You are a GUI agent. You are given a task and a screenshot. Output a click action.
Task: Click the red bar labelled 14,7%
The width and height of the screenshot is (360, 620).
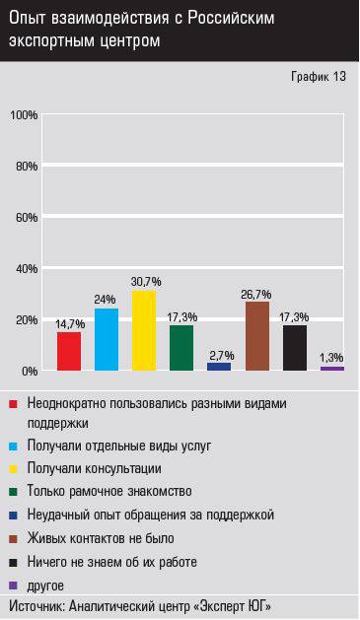(x=69, y=351)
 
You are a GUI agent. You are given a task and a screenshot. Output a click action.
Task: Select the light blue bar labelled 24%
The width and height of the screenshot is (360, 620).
(x=107, y=339)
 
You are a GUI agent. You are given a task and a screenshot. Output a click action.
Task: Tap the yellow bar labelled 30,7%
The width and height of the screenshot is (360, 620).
(x=144, y=330)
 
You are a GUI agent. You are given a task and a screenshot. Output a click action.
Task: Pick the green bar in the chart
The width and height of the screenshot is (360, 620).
(x=181, y=348)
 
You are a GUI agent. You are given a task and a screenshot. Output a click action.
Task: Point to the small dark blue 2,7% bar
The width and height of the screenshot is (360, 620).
(x=219, y=367)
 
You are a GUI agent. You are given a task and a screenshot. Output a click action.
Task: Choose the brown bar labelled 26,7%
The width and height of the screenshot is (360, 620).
(x=257, y=336)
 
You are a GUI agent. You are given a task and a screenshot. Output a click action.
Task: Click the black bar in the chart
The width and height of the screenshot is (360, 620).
(x=295, y=348)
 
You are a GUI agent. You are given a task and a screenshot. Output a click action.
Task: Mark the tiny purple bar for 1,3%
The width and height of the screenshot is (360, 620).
(x=332, y=369)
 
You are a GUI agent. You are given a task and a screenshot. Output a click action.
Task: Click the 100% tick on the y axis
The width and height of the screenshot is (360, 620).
(x=24, y=115)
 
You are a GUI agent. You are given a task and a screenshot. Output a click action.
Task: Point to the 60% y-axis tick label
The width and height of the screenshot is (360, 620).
(x=26, y=217)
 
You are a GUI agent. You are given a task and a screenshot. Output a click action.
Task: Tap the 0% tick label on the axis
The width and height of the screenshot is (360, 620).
(x=29, y=371)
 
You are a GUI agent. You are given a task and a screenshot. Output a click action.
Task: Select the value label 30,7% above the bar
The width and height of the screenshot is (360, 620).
(x=144, y=282)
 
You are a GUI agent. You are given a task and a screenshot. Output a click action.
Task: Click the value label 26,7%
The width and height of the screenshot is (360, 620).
(x=257, y=294)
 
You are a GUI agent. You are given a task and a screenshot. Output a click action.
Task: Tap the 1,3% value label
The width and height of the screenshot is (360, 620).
(x=332, y=357)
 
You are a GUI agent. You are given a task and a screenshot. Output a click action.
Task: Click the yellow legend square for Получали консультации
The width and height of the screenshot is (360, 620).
(x=14, y=468)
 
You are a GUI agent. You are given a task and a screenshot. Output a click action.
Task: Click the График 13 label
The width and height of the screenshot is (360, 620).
(x=319, y=77)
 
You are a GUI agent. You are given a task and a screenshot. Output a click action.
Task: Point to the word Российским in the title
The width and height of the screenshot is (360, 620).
(x=229, y=18)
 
